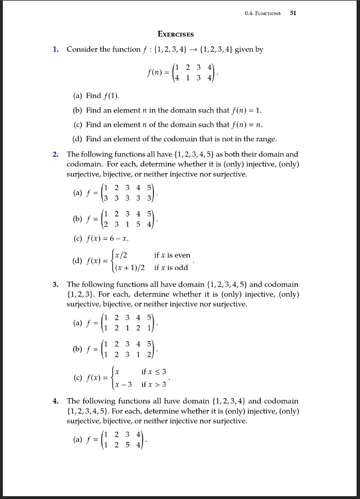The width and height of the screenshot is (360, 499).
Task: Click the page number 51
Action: tap(293, 13)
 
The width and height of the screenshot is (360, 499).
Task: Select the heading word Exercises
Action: tap(176, 34)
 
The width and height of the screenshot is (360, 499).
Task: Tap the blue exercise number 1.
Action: tap(56, 49)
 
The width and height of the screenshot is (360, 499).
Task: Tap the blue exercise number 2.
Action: tap(56, 154)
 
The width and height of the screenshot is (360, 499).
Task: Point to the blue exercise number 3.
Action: tap(56, 284)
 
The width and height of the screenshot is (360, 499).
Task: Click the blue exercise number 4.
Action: tap(56, 401)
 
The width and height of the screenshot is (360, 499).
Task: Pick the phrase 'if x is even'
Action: tap(172, 255)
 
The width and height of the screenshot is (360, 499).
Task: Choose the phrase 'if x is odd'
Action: tap(171, 268)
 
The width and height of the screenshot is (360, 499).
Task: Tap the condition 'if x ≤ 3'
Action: tap(154, 372)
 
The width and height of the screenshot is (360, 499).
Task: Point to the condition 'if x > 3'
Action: tap(154, 384)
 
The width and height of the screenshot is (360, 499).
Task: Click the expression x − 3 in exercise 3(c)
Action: tap(123, 384)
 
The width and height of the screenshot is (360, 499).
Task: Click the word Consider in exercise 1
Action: tap(81, 49)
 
